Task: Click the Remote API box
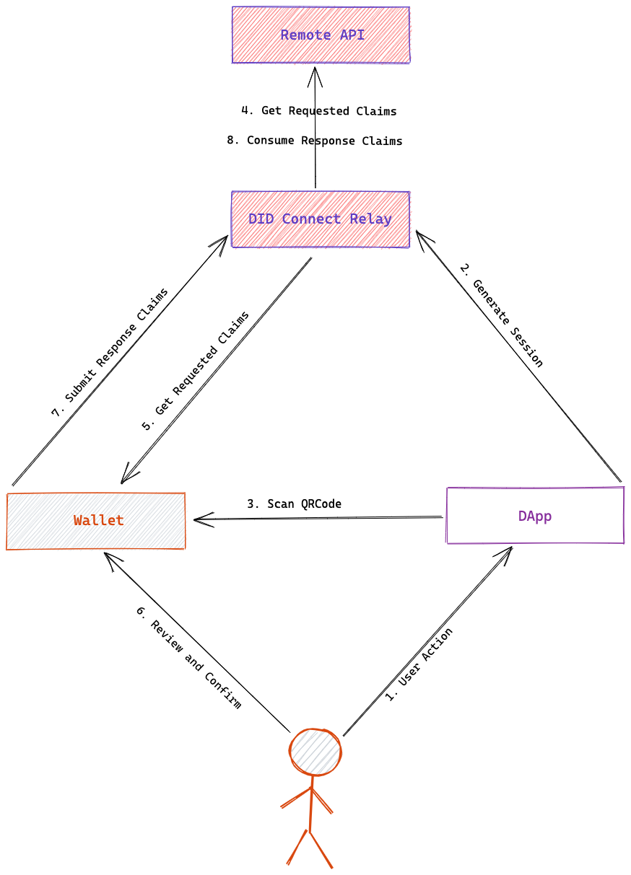click(x=321, y=35)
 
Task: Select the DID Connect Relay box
click(x=321, y=219)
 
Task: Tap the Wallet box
click(x=96, y=521)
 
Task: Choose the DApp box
click(x=535, y=516)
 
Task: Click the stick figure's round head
click(x=315, y=752)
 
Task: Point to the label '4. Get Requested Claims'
click(x=319, y=111)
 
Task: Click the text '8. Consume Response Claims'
click(x=315, y=141)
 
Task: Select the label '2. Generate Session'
click(x=502, y=316)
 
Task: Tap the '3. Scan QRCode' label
click(x=294, y=504)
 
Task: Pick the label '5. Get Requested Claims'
click(x=196, y=371)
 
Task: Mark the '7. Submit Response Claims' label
click(x=110, y=353)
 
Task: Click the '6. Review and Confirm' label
click(x=188, y=656)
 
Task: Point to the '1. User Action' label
click(x=419, y=665)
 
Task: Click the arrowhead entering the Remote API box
click(x=315, y=70)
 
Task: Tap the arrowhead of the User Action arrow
click(x=509, y=550)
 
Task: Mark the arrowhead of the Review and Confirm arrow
click(x=108, y=556)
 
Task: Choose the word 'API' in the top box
click(x=352, y=35)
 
